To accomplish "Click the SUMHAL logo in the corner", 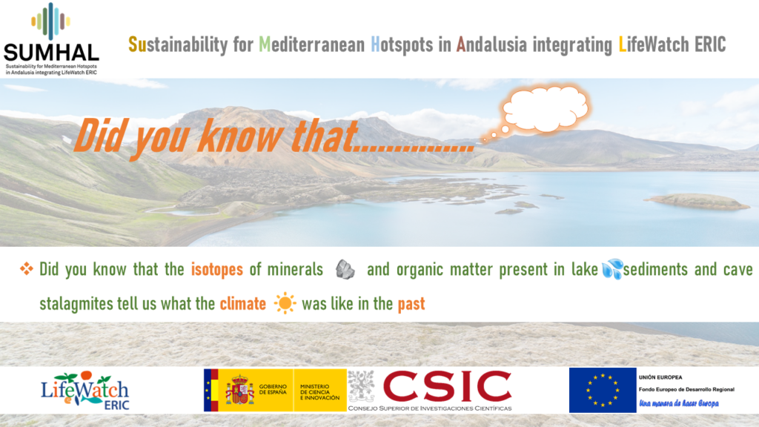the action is (x=51, y=39).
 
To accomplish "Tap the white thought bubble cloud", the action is (x=546, y=108).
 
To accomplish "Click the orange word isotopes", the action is (x=217, y=269).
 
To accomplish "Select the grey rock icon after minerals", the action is (x=345, y=269).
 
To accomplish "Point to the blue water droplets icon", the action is (x=612, y=268).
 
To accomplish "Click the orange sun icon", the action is (x=285, y=303).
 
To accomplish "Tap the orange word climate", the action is (x=243, y=304).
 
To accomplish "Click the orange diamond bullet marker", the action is (x=27, y=268).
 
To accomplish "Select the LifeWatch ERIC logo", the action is (x=85, y=391).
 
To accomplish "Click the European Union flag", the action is (x=603, y=390).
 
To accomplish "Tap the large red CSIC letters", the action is (x=447, y=386).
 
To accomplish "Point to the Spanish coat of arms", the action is (x=239, y=390).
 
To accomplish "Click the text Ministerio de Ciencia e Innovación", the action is (x=319, y=392).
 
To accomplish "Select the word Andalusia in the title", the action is (x=491, y=44).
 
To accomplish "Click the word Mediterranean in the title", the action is (x=312, y=44).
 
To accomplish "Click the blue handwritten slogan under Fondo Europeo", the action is (x=679, y=403).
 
